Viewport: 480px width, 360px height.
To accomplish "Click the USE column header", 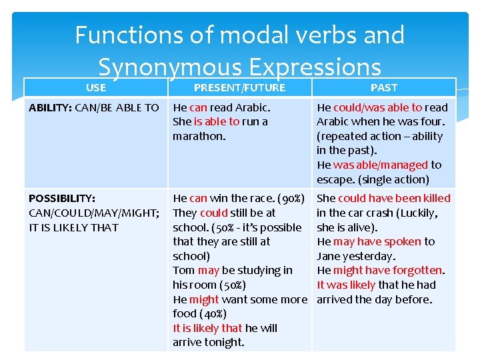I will [x=96, y=87].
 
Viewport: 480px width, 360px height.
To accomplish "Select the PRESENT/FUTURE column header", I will [x=239, y=88].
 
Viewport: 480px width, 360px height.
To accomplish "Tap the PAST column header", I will [x=383, y=88].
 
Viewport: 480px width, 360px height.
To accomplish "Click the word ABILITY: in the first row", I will [x=51, y=107].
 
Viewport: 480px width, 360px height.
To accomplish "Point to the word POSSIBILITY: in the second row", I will [x=62, y=198].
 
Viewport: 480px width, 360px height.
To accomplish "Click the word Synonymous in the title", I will [x=170, y=67].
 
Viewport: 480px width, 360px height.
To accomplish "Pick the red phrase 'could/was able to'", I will [x=378, y=107].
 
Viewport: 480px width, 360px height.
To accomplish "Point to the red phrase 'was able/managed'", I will [x=381, y=165].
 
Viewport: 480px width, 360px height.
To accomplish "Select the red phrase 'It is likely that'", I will [x=207, y=328].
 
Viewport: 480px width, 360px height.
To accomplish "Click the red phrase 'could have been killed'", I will [x=394, y=198].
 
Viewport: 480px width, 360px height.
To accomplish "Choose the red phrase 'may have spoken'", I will [x=377, y=241].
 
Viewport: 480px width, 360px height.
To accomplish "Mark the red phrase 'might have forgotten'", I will [x=387, y=270].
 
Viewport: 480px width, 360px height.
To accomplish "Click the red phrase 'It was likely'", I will [x=346, y=285].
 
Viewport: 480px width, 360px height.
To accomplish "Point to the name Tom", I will [x=183, y=270].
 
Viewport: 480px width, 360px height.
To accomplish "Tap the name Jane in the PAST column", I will [x=329, y=256].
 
